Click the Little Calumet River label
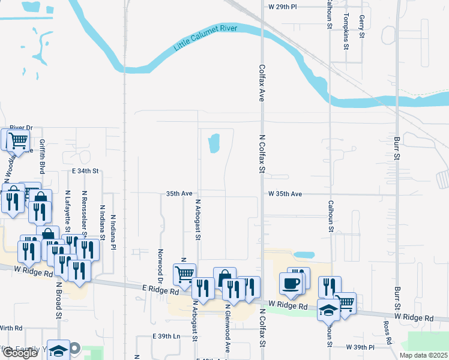click(x=206, y=38)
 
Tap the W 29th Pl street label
click(x=283, y=7)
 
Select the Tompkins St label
click(x=346, y=33)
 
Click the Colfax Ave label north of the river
click(x=262, y=83)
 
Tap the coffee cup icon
click(x=291, y=283)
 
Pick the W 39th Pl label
click(x=360, y=347)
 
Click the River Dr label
click(x=20, y=127)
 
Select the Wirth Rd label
click(x=11, y=328)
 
